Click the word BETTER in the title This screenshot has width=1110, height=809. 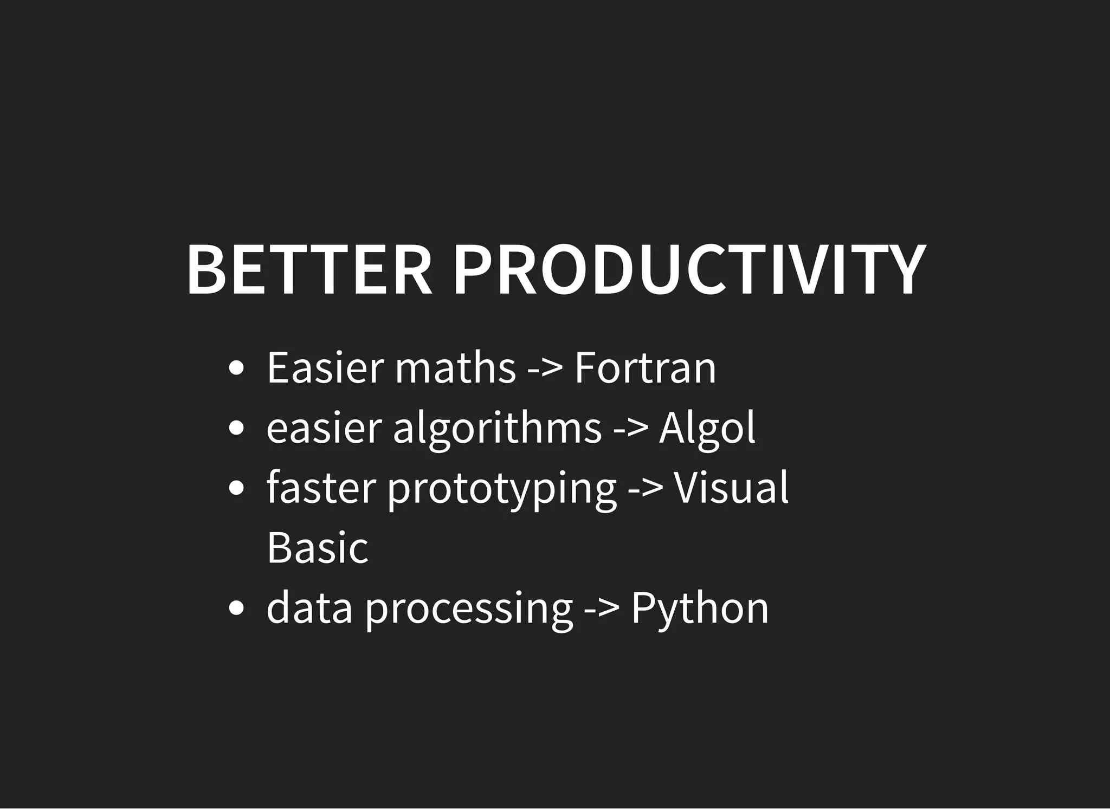tap(309, 270)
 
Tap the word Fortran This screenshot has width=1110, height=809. tap(645, 368)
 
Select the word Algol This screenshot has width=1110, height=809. tap(707, 428)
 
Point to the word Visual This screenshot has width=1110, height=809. tap(731, 488)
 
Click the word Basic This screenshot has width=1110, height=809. tap(318, 547)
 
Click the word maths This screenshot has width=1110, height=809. tap(455, 368)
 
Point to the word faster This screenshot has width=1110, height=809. tap(321, 488)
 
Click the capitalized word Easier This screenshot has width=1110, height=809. tap(325, 368)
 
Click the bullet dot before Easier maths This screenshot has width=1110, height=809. tap(236, 369)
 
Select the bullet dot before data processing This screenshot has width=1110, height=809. tap(236, 609)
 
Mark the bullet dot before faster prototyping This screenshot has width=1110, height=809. tap(236, 489)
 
